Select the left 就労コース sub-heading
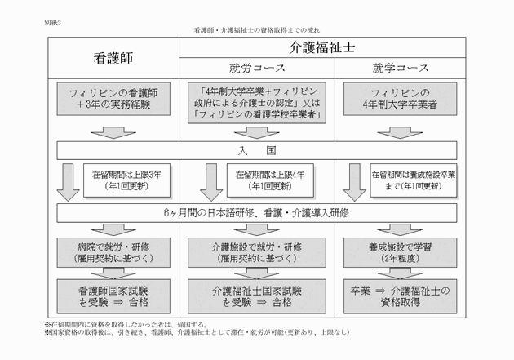pos(256,67)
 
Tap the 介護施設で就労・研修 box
pos(256,251)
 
